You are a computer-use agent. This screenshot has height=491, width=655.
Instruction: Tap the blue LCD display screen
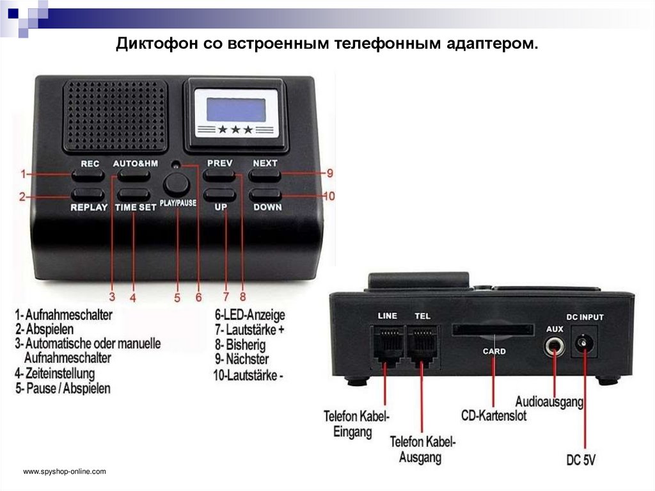[236, 109]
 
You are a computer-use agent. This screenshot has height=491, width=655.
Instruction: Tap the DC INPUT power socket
[583, 344]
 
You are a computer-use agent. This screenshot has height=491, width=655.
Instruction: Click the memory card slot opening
[493, 330]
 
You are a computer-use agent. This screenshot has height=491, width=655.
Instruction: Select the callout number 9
[330, 173]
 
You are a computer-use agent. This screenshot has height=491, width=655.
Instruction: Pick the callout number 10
[328, 197]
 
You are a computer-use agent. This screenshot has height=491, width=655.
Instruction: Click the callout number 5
[177, 298]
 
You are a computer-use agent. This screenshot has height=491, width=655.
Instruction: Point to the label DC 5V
[581, 458]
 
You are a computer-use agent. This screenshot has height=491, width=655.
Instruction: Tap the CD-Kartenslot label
[494, 415]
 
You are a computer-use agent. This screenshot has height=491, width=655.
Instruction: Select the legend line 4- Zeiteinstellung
[55, 373]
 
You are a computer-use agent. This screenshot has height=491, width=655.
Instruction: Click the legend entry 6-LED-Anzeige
[249, 315]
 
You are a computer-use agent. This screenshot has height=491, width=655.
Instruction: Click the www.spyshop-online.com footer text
[64, 472]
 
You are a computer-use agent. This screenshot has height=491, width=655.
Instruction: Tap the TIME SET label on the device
[136, 207]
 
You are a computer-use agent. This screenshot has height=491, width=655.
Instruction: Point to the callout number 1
[23, 173]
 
